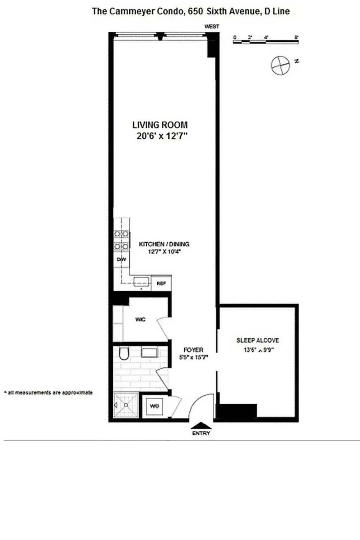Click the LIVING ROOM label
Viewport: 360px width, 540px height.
(x=160, y=125)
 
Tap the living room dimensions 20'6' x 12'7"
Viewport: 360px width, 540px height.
(x=162, y=136)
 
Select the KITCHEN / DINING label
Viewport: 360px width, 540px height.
(x=164, y=244)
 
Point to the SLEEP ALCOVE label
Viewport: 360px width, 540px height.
(x=257, y=340)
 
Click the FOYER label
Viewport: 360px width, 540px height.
(x=193, y=350)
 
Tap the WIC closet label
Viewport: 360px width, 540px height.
(x=140, y=319)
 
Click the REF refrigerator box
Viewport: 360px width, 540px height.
(x=161, y=283)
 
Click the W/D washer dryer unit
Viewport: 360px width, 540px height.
(x=154, y=406)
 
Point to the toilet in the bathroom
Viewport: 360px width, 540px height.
(x=124, y=354)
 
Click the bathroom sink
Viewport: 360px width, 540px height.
(x=150, y=352)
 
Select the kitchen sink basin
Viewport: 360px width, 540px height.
(x=141, y=282)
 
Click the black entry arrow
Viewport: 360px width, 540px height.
(x=201, y=426)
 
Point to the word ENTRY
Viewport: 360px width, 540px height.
(x=201, y=433)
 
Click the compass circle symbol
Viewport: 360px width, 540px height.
(x=280, y=65)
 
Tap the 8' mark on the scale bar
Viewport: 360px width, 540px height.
(x=296, y=37)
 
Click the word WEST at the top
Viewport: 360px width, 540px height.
(x=212, y=26)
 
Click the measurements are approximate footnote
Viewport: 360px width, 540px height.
(x=49, y=392)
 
